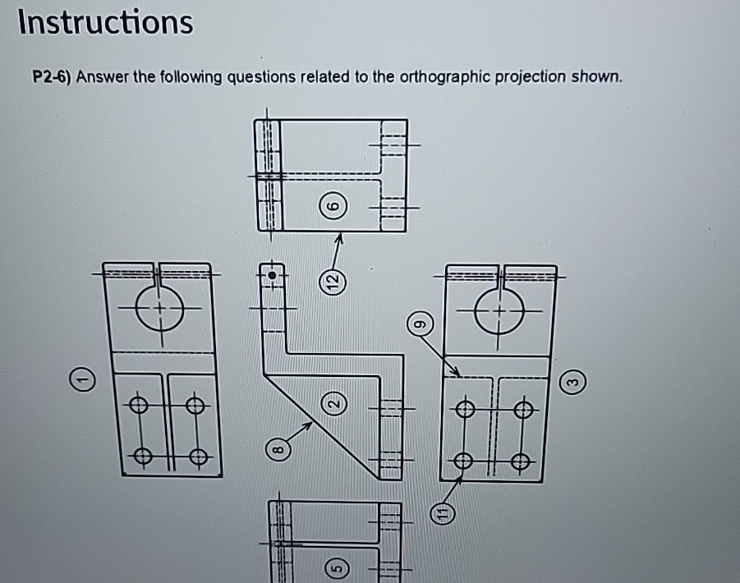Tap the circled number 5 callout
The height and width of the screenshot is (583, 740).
(x=335, y=566)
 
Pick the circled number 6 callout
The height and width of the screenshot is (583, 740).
(x=333, y=209)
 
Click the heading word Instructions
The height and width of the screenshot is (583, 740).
(x=105, y=22)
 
